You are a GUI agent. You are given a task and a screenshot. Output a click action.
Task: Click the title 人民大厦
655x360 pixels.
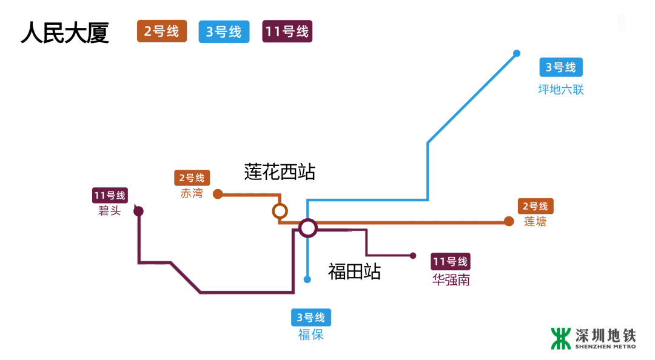65,33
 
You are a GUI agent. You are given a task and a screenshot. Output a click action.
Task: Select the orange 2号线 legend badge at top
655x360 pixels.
162,32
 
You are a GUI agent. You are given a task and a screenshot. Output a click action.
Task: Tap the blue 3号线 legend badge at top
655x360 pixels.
224,32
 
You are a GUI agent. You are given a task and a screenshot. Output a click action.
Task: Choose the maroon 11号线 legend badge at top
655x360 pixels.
287,32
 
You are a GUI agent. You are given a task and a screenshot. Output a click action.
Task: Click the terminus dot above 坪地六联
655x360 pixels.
517,53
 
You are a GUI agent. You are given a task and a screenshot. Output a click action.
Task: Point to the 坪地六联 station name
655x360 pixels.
561,90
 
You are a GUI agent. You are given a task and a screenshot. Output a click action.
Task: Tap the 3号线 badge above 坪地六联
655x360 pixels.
560,67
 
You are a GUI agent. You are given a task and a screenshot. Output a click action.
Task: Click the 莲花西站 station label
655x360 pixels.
280,172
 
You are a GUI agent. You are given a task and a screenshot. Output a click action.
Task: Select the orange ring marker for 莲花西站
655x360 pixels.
280,211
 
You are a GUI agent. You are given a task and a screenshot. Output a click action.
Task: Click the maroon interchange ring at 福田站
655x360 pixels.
308,228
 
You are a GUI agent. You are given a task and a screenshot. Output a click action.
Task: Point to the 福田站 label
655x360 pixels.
354,271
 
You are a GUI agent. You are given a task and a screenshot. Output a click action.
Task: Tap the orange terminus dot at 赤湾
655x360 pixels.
218,195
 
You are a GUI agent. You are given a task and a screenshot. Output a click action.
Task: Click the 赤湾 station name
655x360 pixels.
192,194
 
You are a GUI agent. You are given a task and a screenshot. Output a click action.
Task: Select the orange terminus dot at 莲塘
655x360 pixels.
509,222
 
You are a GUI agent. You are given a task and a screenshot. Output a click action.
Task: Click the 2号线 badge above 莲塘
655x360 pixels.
536,206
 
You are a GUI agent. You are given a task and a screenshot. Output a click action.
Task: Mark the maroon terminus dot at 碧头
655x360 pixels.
138,211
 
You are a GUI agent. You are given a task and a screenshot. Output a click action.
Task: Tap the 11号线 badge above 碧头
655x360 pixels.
110,195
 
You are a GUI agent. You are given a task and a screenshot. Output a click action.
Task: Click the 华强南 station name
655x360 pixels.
451,281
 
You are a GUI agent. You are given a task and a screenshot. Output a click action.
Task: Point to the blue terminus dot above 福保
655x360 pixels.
307,279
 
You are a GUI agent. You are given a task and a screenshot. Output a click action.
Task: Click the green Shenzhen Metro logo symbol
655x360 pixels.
561,339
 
